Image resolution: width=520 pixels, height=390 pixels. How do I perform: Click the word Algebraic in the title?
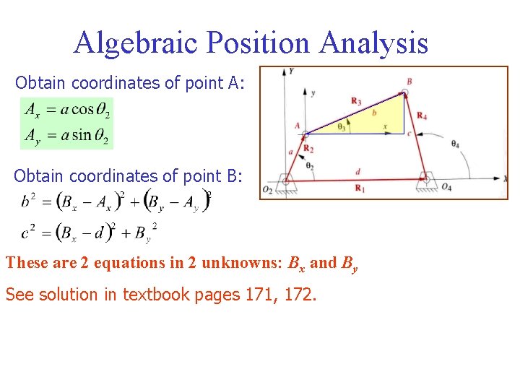coord(136,43)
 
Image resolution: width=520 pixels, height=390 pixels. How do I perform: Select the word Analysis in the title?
coord(374,43)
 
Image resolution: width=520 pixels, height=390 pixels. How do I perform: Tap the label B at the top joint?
coord(409,82)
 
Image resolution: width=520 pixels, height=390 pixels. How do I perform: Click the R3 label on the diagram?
coord(356,100)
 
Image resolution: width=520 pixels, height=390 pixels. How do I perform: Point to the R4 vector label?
coord(422,116)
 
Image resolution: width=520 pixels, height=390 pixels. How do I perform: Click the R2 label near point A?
coord(308,149)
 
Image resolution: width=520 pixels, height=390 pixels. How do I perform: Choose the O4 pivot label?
coord(446,188)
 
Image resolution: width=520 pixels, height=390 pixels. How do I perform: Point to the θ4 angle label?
coord(454,144)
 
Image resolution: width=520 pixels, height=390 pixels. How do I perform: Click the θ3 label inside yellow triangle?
coord(342,126)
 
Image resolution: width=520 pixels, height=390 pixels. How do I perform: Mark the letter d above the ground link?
coord(358,172)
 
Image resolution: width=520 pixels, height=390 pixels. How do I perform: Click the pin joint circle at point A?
coord(305,134)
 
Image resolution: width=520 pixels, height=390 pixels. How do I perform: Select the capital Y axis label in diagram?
coord(290,71)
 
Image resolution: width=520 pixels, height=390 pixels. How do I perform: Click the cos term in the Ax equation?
coord(84,110)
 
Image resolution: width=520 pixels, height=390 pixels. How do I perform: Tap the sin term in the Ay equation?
coord(83,134)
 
